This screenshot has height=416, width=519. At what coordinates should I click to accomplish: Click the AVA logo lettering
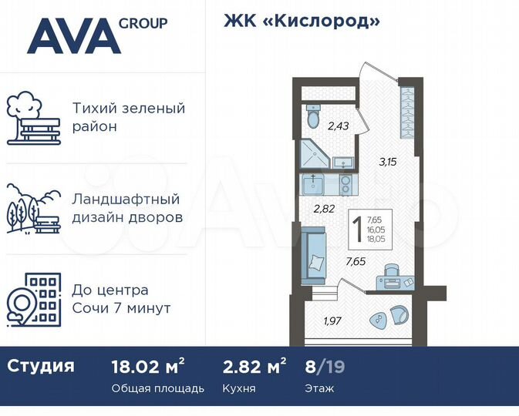click(73, 36)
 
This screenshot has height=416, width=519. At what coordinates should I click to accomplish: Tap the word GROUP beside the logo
click(143, 23)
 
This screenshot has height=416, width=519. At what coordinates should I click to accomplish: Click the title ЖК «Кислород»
click(302, 21)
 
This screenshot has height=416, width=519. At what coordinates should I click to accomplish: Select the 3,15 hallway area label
click(387, 162)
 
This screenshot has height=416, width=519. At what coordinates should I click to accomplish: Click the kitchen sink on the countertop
click(315, 184)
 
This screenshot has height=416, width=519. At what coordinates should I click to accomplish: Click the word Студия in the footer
click(41, 365)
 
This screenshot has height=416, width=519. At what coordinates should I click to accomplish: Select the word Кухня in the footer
click(239, 388)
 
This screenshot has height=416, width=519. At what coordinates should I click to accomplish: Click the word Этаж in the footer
click(319, 388)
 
